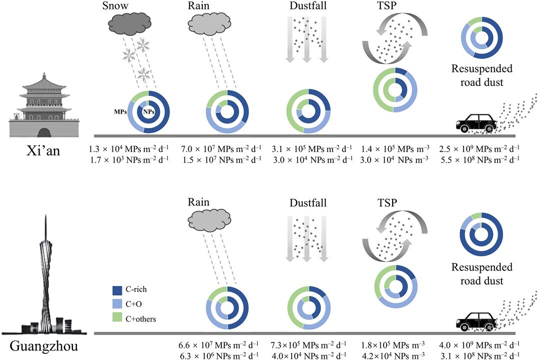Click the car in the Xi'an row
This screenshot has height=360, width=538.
click(x=478, y=122)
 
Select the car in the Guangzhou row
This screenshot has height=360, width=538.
click(x=478, y=320)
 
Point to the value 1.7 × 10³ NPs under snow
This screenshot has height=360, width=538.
click(x=129, y=159)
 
